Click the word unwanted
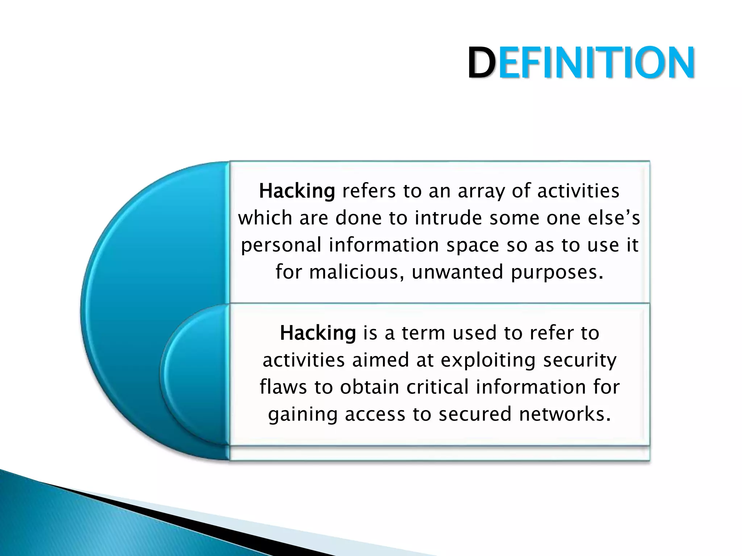[458, 272]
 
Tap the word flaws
[283, 387]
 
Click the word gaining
[303, 415]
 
